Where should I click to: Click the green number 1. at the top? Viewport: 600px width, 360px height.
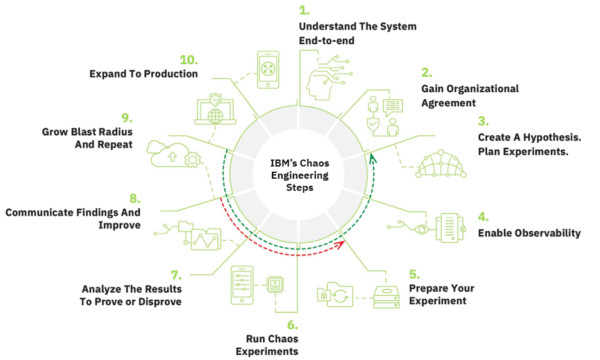click(x=304, y=11)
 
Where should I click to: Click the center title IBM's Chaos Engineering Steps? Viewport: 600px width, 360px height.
click(x=299, y=175)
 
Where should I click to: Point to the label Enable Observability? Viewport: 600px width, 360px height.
click(x=529, y=233)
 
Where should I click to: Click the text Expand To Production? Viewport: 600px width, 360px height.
click(x=144, y=74)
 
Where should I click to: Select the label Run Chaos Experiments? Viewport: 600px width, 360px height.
click(x=267, y=345)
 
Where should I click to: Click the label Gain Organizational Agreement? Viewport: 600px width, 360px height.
click(x=470, y=95)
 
